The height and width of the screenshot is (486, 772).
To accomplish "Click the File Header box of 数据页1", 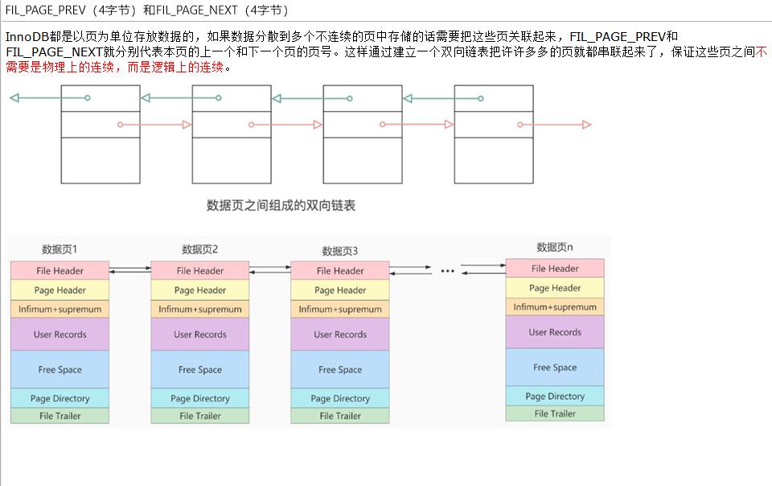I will click(60, 270).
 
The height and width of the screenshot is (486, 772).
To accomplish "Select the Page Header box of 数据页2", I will click(199, 290).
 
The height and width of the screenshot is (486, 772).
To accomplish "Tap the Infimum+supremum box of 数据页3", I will click(339, 309).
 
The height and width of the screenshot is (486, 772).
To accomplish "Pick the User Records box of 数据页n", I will click(554, 332).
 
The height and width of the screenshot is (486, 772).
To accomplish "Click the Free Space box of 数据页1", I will click(60, 369).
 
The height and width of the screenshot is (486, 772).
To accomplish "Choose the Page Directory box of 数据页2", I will click(199, 398).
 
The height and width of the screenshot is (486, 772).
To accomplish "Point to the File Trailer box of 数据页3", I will click(339, 416).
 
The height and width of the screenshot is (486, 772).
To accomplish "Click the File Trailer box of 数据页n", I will click(554, 414).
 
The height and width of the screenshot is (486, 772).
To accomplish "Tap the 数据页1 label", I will click(60, 249).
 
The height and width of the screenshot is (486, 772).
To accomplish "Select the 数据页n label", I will click(554, 247).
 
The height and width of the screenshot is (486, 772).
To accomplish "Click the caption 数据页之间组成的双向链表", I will click(281, 206).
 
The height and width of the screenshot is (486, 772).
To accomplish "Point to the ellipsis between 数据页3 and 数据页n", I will click(447, 272).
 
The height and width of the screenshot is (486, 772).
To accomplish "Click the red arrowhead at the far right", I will click(586, 125).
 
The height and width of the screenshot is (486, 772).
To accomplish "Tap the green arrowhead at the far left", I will click(14, 98).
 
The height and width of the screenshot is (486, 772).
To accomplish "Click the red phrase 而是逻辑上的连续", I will click(174, 67).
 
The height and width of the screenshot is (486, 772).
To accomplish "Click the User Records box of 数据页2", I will click(199, 334).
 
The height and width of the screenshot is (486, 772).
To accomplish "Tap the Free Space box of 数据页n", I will click(554, 367).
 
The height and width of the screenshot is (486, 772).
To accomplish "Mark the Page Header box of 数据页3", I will click(339, 290).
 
